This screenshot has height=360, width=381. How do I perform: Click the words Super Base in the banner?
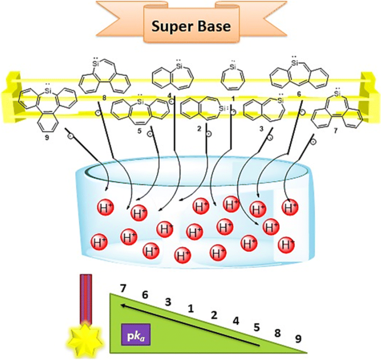[x=191, y=25]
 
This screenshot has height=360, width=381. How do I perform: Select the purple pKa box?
[x=132, y=335]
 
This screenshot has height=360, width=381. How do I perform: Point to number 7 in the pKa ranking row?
[x=124, y=289]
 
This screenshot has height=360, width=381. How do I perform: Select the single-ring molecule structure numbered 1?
[x=233, y=78]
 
